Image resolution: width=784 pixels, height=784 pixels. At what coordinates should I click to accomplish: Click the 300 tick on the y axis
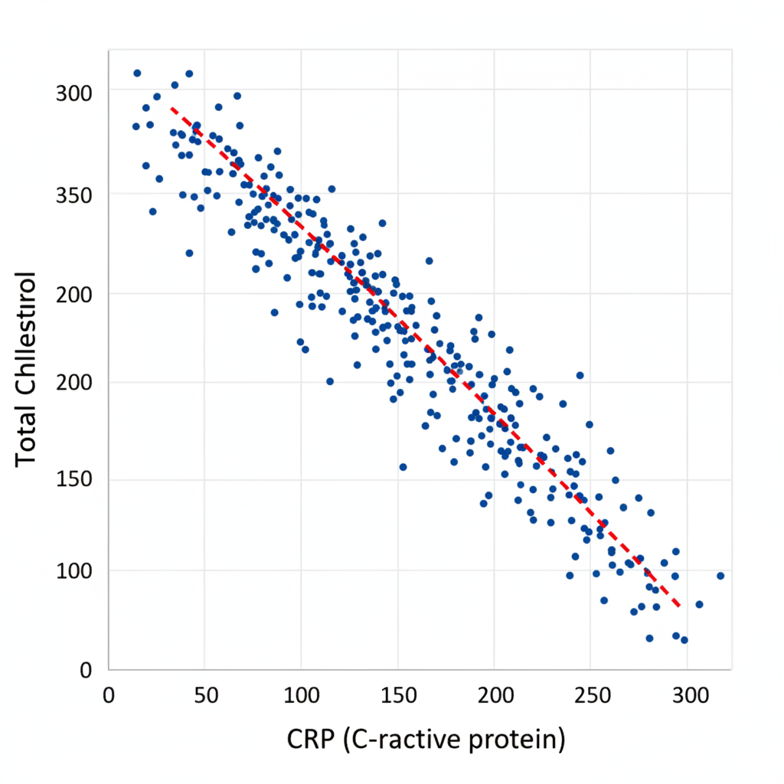[x=74, y=94]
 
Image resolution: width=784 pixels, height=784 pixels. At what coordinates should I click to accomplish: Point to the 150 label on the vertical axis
[x=74, y=480]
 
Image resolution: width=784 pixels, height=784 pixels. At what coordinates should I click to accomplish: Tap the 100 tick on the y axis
[x=74, y=571]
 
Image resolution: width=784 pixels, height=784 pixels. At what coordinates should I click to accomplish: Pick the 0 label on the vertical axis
[x=87, y=671]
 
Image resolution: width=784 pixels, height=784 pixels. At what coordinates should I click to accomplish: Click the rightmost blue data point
[x=720, y=576]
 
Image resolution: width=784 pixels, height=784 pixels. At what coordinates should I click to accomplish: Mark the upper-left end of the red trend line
[x=172, y=109]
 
